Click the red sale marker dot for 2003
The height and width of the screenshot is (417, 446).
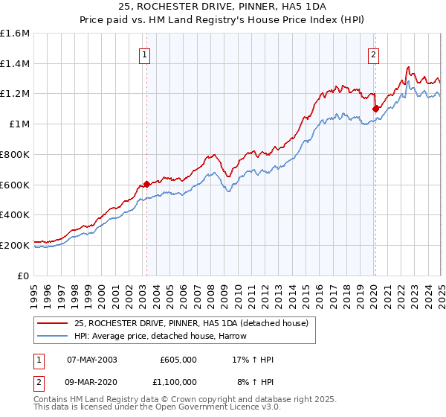click(x=146, y=184)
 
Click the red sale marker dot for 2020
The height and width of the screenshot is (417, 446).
click(x=375, y=109)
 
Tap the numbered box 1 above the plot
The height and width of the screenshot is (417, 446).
click(x=144, y=54)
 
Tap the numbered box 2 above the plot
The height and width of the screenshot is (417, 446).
click(x=373, y=54)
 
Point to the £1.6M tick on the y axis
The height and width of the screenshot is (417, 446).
click(x=15, y=34)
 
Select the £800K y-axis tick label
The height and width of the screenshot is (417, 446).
click(x=15, y=154)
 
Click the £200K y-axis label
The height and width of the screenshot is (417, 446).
click(x=15, y=244)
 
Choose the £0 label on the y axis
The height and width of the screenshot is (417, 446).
click(x=24, y=275)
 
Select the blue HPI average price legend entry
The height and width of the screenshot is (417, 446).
click(x=160, y=337)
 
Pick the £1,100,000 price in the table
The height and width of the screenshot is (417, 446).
click(x=178, y=381)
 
